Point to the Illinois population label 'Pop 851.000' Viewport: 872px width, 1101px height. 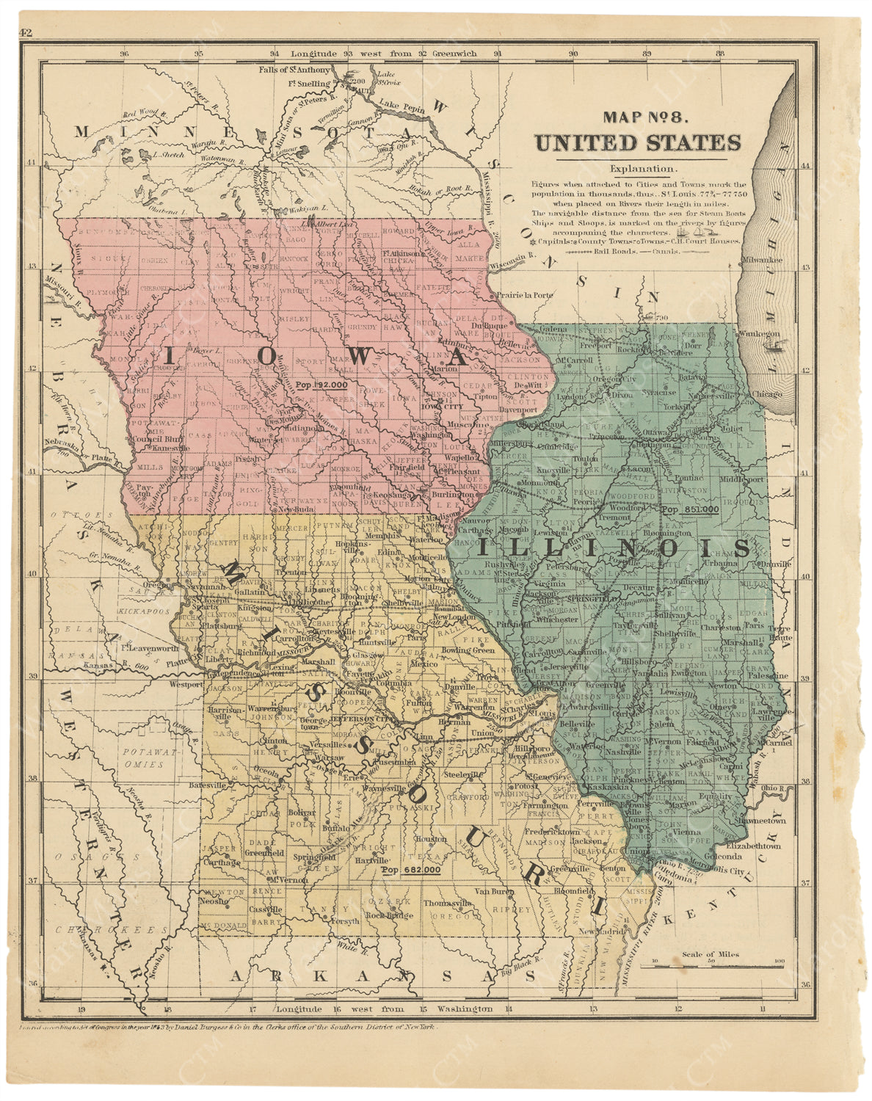[x=690, y=509]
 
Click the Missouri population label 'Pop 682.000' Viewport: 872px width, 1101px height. [x=411, y=871]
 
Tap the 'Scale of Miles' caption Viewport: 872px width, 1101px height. [x=711, y=954]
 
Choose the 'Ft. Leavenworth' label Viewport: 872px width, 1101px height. [x=149, y=648]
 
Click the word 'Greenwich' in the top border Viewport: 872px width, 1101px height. [x=454, y=54]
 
